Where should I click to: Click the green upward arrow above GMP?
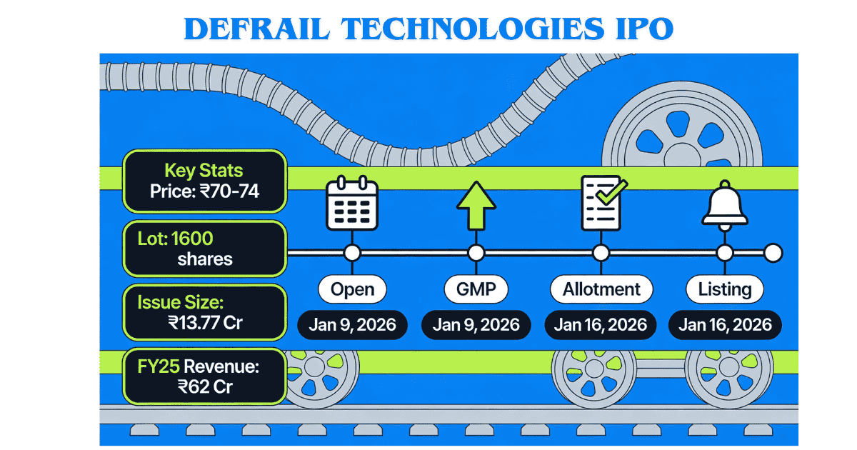coord(476,205)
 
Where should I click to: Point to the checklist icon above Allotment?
coord(602,204)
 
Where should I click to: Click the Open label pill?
coord(352,289)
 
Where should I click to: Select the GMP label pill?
coord(476,289)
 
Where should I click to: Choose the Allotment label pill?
coord(601,289)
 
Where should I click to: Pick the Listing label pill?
coord(725,289)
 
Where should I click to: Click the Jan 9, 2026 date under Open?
coord(352,325)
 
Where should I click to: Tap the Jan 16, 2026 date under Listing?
coord(725,325)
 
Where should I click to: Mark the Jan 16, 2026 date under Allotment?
coord(601,325)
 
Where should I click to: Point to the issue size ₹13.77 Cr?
coord(206,322)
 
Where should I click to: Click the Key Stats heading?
coord(204,171)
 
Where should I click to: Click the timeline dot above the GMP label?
coord(476,253)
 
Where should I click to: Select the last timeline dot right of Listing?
coord(773,253)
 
